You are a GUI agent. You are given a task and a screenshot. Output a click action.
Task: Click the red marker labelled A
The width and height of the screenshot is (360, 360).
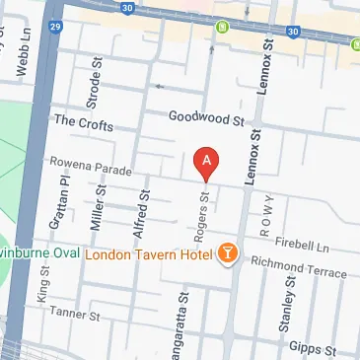coord(205,161)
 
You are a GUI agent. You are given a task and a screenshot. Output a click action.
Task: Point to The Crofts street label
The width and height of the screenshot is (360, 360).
coord(84,125)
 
